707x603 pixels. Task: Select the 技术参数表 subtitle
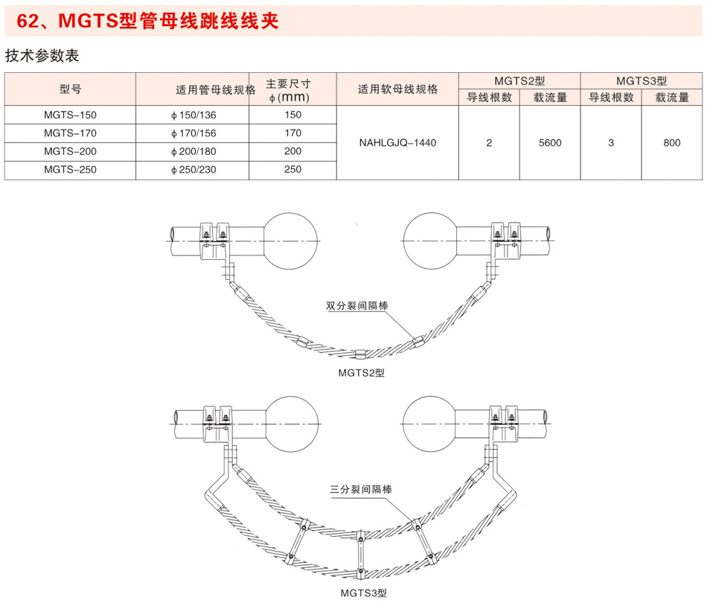pyautogui.click(x=42, y=56)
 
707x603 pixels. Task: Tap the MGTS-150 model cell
pyautogui.click(x=70, y=115)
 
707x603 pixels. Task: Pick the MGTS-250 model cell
pyautogui.click(x=70, y=170)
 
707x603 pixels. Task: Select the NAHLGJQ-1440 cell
pyautogui.click(x=397, y=142)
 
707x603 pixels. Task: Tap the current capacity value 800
pyautogui.click(x=672, y=142)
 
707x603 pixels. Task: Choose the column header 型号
pyautogui.click(x=70, y=89)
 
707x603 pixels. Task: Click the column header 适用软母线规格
pyautogui.click(x=397, y=89)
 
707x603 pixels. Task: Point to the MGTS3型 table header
pyautogui.click(x=642, y=80)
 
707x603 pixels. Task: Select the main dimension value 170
pyautogui.click(x=293, y=133)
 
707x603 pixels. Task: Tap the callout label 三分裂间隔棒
pyautogui.click(x=361, y=490)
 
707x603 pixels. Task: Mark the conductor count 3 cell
pyautogui.click(x=610, y=142)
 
